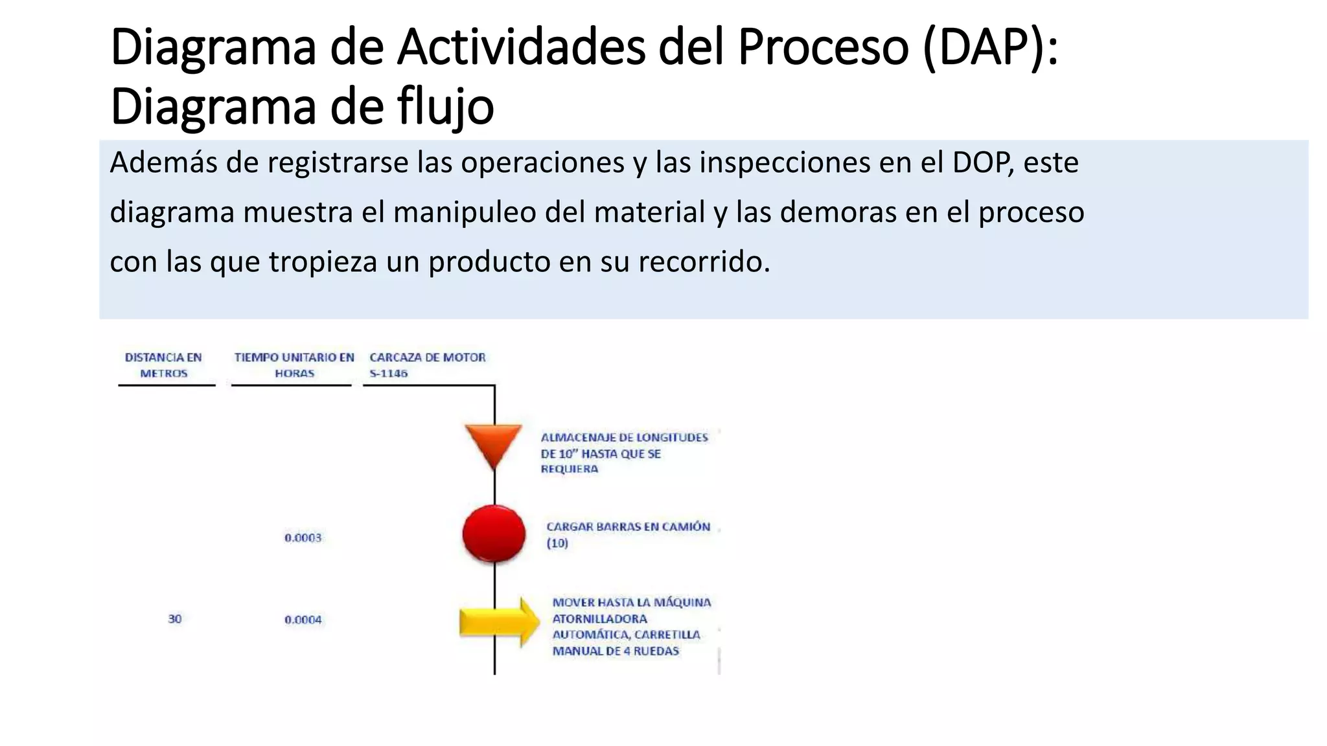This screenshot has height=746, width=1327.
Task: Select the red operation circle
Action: [494, 534]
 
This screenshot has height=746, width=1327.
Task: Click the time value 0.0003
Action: [303, 537]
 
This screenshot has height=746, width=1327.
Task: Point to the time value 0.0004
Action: [303, 620]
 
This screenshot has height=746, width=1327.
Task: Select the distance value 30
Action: [175, 619]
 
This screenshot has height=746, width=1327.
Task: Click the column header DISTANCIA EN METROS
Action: [163, 365]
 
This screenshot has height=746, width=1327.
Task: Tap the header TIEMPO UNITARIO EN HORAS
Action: [294, 365]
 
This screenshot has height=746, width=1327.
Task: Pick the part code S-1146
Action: [389, 374]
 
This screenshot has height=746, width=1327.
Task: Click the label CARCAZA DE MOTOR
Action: [428, 357]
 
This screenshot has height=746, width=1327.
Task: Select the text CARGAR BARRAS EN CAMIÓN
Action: [628, 527]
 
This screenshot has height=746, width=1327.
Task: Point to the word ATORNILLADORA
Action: [599, 619]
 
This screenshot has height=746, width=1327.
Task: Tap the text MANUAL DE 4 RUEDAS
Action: [616, 651]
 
